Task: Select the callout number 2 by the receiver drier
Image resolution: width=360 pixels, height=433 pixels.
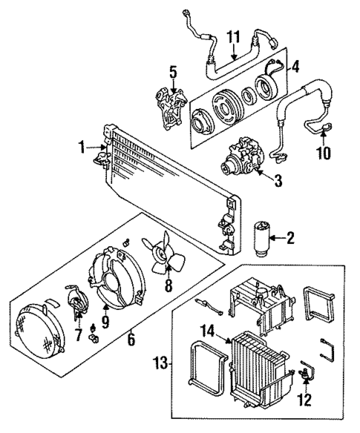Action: [x=290, y=239]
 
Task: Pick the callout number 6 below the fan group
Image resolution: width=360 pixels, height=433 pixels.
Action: [x=132, y=340]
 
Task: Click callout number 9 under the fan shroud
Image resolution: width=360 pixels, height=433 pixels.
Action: [x=105, y=323]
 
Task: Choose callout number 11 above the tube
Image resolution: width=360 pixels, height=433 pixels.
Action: [x=234, y=36]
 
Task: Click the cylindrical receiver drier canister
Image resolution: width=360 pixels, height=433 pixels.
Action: [x=263, y=237]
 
